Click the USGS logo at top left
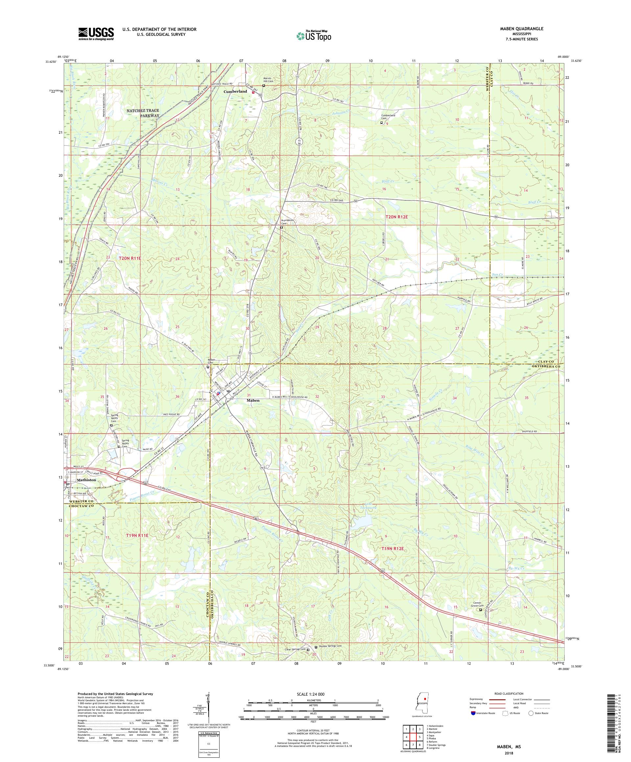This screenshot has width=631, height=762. click(96, 34)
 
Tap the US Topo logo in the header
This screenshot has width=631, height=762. click(314, 35)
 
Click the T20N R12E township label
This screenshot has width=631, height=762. click(399, 217)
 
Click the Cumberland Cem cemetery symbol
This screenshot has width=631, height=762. click(381, 123)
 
